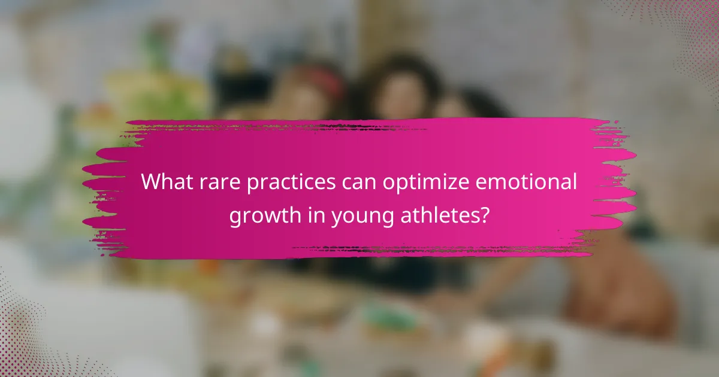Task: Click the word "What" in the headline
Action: (x=167, y=181)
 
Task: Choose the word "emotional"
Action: (x=527, y=181)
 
